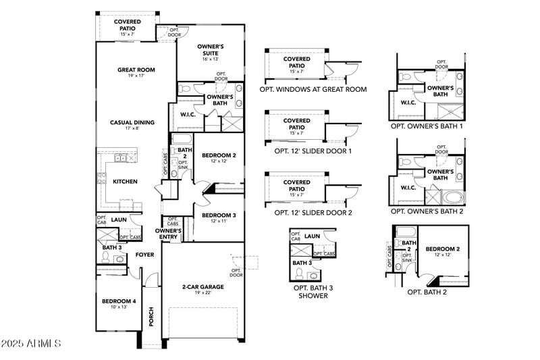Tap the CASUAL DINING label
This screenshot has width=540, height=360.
coord(132,122)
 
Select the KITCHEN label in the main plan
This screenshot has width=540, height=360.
coord(125,181)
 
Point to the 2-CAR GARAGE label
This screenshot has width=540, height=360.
coord(203,286)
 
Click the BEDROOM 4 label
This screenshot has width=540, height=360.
coord(119,301)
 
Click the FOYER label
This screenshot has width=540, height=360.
coord(144,255)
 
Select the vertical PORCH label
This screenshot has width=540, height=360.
coord(151,317)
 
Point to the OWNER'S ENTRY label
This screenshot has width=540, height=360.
coord(169,234)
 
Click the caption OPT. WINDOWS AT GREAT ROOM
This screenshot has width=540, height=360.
coord(313,89)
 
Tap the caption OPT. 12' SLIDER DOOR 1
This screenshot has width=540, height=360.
coord(313,151)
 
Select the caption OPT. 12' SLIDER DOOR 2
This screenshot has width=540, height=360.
coord(313,212)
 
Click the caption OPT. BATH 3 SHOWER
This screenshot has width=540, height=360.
coord(310,292)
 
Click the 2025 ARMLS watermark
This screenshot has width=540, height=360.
coord(32,344)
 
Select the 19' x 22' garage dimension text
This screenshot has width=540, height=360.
coord(203,293)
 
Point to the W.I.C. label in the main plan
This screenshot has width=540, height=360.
coord(188,114)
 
